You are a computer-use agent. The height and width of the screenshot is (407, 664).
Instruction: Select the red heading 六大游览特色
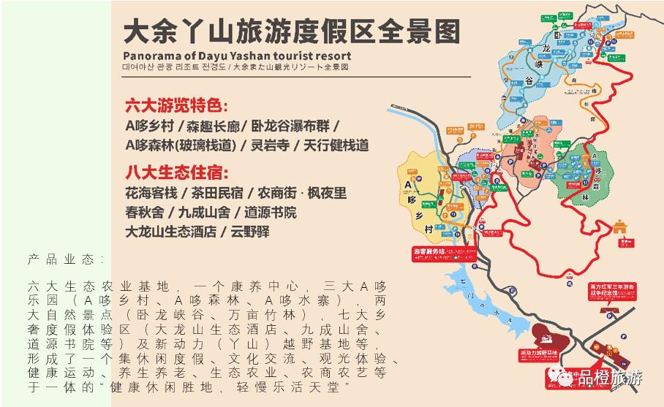point(176,104)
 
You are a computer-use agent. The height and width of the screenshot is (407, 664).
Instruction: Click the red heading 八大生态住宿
point(176,174)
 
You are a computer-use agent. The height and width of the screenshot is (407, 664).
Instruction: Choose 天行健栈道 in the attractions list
point(334,145)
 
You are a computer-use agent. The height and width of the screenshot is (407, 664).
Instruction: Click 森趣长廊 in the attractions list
point(208,126)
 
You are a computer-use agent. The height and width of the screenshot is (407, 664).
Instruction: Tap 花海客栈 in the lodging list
point(151,194)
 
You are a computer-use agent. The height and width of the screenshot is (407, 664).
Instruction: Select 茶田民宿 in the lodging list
point(216,194)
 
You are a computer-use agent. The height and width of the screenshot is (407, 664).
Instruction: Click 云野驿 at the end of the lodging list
point(250,232)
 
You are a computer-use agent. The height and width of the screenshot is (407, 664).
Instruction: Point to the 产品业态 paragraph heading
point(67,260)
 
